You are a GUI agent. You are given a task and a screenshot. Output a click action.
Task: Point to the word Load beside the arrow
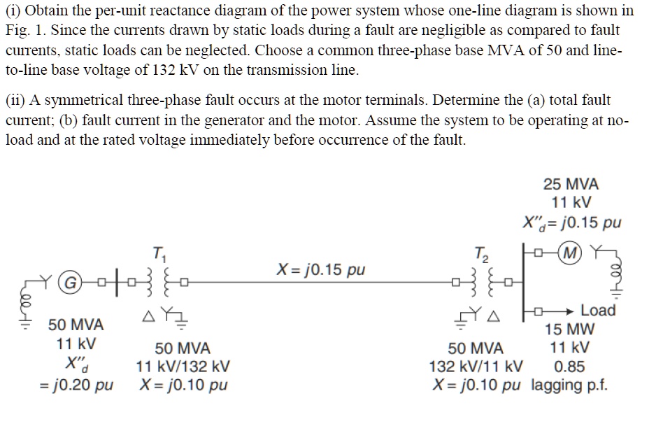tap(598, 310)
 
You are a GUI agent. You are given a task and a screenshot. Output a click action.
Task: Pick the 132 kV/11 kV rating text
tap(476, 366)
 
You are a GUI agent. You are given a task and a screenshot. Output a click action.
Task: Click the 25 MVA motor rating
tap(571, 185)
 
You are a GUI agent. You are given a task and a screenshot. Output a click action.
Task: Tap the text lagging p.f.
tap(570, 385)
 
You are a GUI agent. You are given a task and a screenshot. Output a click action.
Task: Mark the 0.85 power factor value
tap(571, 366)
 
